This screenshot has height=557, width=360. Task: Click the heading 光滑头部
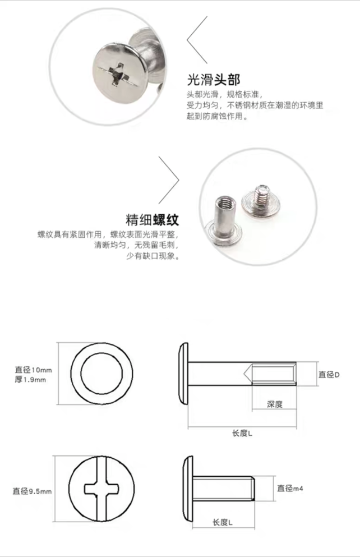pos(214,80)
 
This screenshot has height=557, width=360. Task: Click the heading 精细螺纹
pos(153,220)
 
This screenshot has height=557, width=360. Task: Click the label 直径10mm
pos(34,370)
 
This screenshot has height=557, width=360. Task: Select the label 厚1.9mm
pos(30,379)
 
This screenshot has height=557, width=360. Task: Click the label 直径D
pos(329,374)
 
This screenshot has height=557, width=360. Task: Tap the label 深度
pos(274,404)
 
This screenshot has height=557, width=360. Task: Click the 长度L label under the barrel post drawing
pos(242,433)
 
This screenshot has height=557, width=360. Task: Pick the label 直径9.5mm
pos(33,491)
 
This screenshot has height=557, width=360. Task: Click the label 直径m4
pos(290,488)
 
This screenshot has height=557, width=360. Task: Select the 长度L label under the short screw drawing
pos(223,522)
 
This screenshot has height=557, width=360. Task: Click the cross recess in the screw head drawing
pos(102,489)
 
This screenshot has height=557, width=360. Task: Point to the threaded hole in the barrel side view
pos(274,374)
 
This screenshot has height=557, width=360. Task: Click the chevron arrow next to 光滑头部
pos(196,40)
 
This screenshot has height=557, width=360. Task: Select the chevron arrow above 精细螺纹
pos(169,179)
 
